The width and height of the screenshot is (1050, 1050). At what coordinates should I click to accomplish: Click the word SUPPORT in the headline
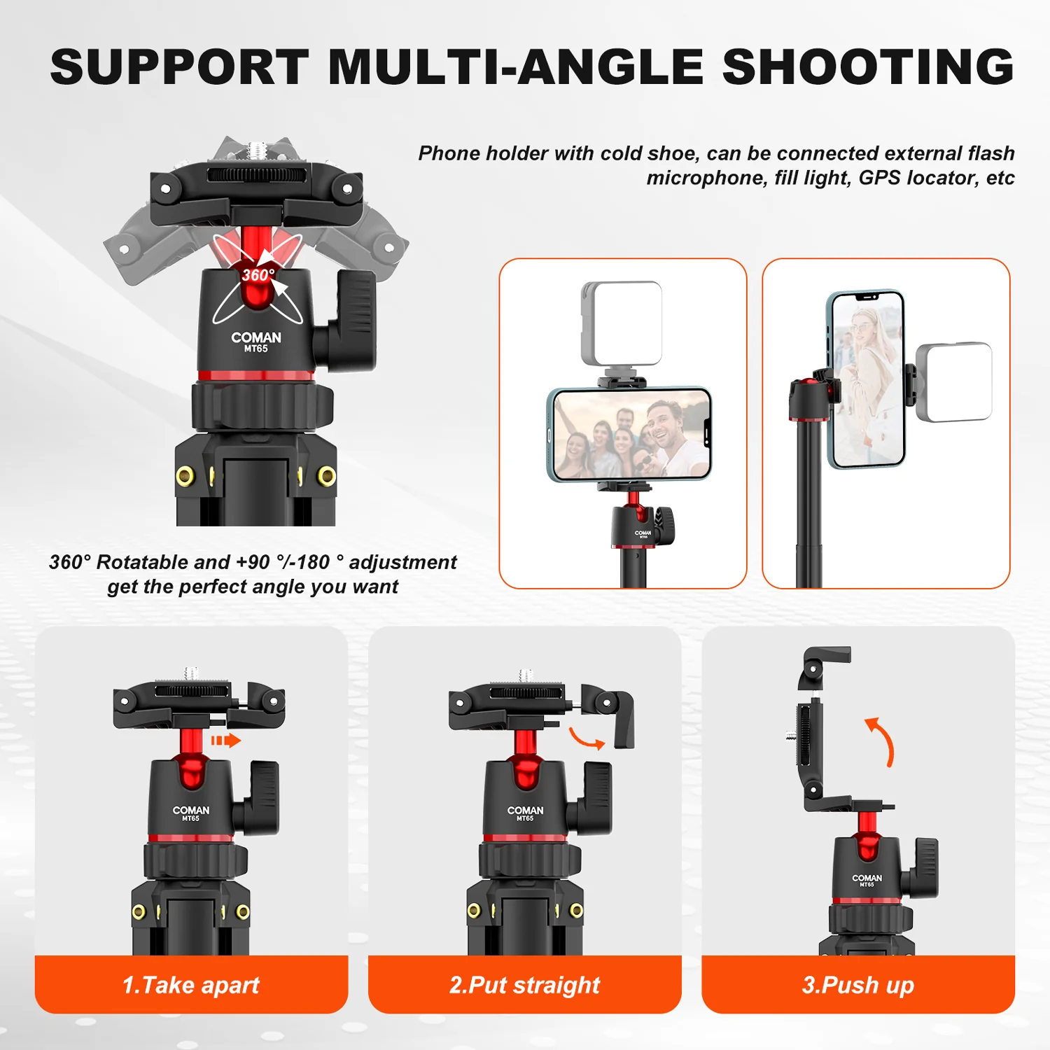(x=179, y=67)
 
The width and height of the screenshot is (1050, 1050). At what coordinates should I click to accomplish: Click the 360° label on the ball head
(x=258, y=275)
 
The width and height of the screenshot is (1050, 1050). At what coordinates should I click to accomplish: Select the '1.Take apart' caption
(x=190, y=985)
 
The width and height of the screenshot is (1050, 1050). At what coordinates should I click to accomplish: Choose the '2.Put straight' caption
(x=524, y=985)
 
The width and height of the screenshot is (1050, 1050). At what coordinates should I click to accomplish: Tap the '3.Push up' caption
(x=857, y=985)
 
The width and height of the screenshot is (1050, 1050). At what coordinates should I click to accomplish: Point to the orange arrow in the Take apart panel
(x=225, y=741)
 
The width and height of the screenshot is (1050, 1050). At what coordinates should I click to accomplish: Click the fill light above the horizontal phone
(x=622, y=323)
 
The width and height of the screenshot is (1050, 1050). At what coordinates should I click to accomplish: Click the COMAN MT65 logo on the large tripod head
(x=256, y=342)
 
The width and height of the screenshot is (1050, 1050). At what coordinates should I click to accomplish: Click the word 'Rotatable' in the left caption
(x=142, y=562)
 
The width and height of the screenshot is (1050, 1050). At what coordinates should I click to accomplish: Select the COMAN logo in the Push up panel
(x=867, y=879)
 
